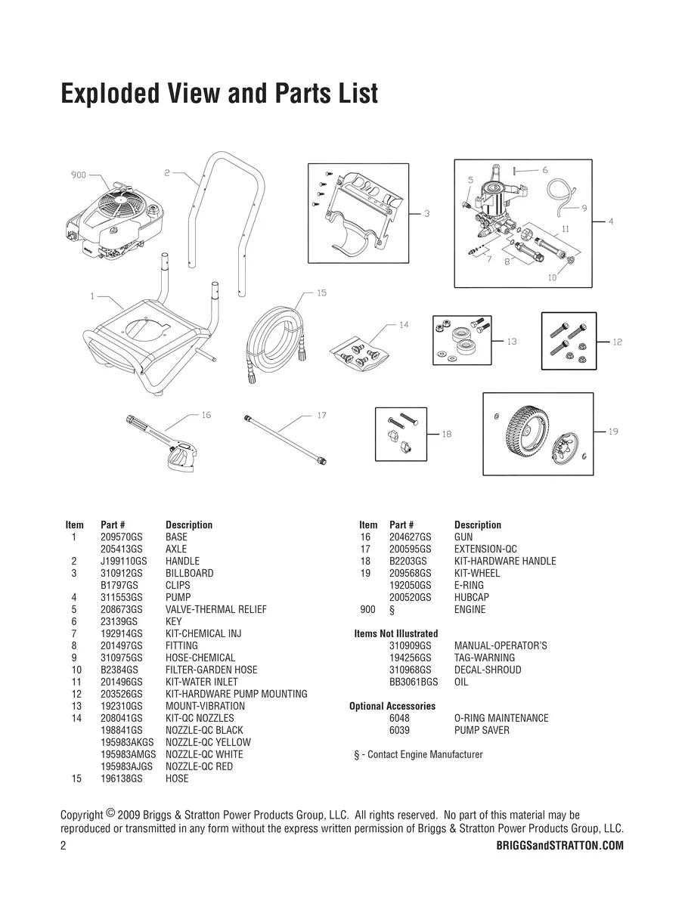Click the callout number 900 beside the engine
[x=79, y=175]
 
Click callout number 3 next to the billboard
[x=427, y=214]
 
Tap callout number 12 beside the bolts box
[x=618, y=342]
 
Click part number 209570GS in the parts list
[x=122, y=537]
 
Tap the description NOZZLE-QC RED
[x=199, y=766]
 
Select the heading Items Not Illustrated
[x=395, y=633]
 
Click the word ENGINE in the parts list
[x=470, y=609]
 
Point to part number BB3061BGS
[x=413, y=682]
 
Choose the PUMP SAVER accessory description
[x=482, y=730]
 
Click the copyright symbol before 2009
[x=110, y=813]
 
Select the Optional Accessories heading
[x=392, y=706]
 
